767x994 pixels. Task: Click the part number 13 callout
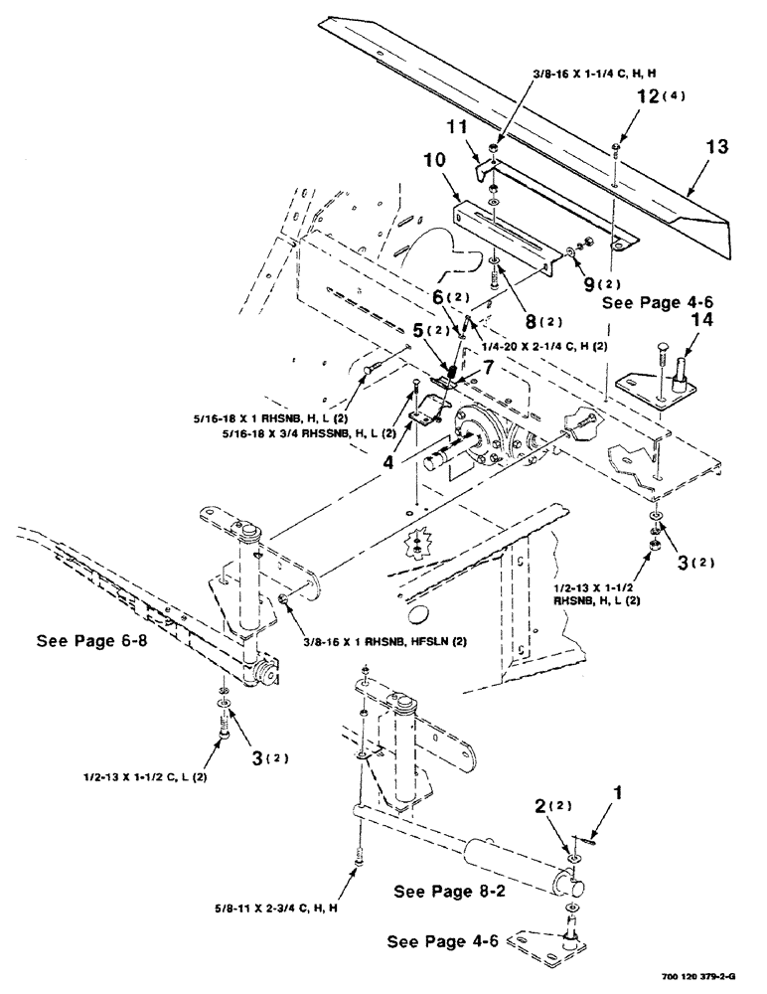[x=717, y=147]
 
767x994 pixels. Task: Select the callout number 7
[x=484, y=368]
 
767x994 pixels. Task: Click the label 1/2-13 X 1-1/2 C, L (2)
[x=152, y=775]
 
